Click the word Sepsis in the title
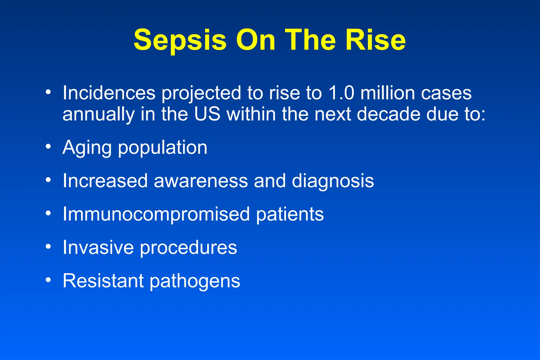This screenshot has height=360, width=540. tap(180, 40)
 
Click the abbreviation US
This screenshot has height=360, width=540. tap(207, 114)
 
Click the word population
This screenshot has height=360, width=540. tap(162, 148)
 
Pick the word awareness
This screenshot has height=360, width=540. tap(201, 181)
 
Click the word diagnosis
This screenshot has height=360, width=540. tap(333, 181)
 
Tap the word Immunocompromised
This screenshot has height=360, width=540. tap(156, 214)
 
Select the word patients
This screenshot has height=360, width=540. tap(290, 214)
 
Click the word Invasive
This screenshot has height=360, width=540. tap(98, 248)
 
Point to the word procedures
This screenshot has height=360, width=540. tap(188, 248)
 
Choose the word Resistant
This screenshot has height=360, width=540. tap(103, 281)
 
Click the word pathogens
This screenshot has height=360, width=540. tap(195, 281)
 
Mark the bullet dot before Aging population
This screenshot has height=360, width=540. tap(48, 146)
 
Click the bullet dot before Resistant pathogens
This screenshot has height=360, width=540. tap(48, 280)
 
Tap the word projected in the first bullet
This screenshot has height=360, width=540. tap(201, 94)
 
